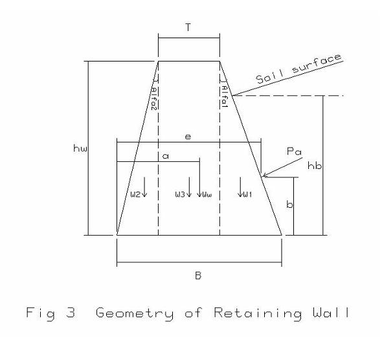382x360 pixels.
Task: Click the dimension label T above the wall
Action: (188, 27)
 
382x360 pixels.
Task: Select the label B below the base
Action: (198, 276)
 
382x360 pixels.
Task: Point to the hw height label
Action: (80, 148)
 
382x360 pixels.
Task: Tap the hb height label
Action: (315, 165)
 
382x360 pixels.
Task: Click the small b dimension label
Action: (289, 204)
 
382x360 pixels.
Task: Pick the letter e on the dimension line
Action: (188, 137)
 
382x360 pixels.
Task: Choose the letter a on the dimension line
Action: (165, 156)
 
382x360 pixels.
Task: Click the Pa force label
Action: (294, 152)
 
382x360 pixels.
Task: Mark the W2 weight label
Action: (135, 194)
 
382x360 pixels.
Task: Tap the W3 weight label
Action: (180, 194)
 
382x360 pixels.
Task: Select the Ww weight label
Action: (207, 195)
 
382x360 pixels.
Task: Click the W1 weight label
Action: (248, 194)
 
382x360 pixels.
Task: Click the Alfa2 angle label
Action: (154, 95)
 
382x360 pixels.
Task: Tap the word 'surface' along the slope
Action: (317, 64)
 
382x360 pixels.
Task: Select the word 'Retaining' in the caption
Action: (258, 313)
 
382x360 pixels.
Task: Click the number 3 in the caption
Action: (71, 312)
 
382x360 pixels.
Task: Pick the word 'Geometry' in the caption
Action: (135, 313)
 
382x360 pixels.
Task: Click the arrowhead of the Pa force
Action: (264, 175)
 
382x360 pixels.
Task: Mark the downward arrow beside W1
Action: (240, 187)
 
